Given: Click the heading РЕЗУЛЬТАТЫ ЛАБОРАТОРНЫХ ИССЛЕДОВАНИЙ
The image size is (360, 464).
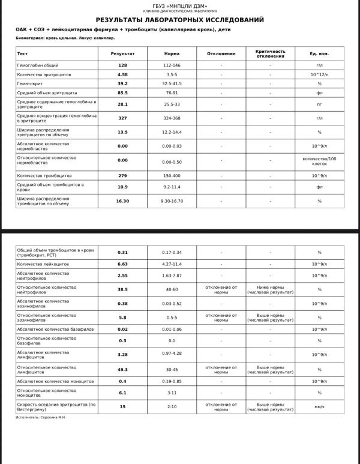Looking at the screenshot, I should coord(180,20).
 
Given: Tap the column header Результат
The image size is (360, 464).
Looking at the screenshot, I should coord(122,53).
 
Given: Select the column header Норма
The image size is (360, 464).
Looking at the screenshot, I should coord(172,53).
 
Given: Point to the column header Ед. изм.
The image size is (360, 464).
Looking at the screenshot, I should coord(319,53).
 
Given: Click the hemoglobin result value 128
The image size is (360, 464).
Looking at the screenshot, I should coord(122,65).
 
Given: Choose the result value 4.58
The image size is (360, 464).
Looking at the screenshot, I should coord(122,74).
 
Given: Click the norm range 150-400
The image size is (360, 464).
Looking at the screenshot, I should coord(172,175).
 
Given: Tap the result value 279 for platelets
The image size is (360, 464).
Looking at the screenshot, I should coord(122,175).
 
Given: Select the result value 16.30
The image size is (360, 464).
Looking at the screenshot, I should coord(122,201).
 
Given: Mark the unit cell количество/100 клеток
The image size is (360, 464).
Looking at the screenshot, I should coord(319,161).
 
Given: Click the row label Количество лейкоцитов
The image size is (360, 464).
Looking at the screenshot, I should coord(43,264).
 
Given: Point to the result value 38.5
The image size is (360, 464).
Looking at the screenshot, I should coord(122,289).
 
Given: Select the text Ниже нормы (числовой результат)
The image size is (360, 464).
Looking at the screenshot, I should coord(270,289).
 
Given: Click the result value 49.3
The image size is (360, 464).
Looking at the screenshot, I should coord(122,370).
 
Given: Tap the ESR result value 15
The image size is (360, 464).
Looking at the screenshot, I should coord(122,406).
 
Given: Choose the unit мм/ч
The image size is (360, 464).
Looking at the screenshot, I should coord(319,406).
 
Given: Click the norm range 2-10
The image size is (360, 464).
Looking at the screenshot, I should coord(172,406).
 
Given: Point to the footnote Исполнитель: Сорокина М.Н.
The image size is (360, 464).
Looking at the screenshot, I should coord(41,417).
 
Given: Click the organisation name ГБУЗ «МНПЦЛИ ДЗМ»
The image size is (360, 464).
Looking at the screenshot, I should coord(180,6).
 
